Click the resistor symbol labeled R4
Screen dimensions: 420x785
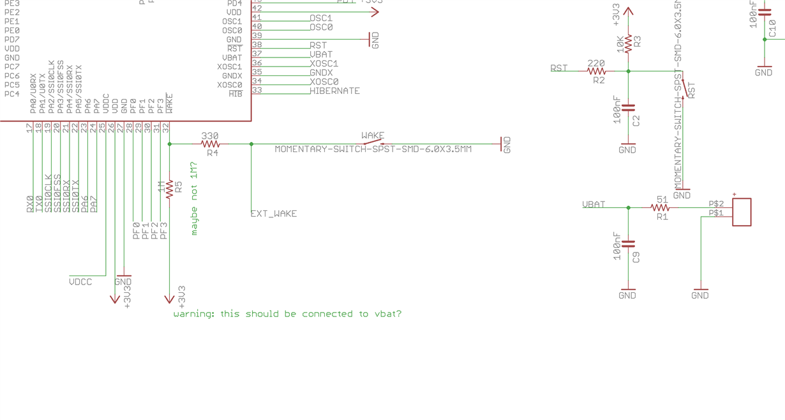[210, 144]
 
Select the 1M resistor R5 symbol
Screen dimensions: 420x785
[170, 189]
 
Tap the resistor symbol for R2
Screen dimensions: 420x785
[597, 72]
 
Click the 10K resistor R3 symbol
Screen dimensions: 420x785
[629, 43]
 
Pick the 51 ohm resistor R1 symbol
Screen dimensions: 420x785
[661, 208]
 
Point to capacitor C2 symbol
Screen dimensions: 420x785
[629, 108]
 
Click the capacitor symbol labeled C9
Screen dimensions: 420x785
[629, 244]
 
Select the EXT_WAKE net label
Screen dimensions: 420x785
[274, 214]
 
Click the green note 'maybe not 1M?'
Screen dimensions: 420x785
[195, 199]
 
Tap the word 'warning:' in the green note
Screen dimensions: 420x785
[194, 314]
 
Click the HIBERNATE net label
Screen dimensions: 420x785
[334, 91]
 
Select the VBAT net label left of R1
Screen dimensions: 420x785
[594, 205]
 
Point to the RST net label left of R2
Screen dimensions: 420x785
[559, 68]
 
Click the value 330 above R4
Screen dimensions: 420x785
[210, 136]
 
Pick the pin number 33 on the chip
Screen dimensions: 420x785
[257, 90]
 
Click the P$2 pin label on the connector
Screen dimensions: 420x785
[716, 204]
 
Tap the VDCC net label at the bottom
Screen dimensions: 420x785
[80, 282]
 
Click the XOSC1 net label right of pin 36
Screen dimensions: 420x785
[324, 63]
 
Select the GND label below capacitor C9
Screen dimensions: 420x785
[627, 295]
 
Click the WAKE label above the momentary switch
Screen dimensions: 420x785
[373, 136]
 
